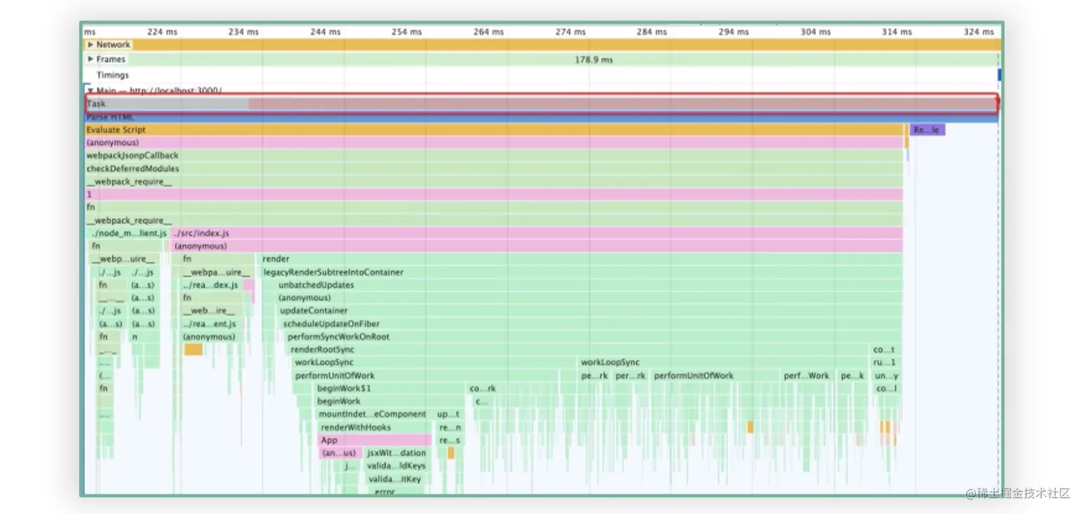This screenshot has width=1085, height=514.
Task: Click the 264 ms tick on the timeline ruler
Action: point(488,31)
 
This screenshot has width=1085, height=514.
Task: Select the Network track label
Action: point(113,44)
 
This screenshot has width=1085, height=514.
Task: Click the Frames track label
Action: point(110,59)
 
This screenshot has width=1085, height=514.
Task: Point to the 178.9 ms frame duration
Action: point(593,60)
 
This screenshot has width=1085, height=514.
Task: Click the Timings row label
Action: point(112,75)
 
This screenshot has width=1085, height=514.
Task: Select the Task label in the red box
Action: point(96,103)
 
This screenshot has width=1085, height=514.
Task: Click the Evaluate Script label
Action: point(116,129)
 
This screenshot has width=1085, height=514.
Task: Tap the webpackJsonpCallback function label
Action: point(132,156)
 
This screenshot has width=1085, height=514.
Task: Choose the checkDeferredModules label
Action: point(133,169)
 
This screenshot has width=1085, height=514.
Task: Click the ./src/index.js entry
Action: point(201,233)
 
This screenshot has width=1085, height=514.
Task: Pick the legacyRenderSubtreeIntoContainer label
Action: point(333,272)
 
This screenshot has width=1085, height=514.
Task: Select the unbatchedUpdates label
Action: point(316,285)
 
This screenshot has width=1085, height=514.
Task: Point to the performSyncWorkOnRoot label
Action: point(338,337)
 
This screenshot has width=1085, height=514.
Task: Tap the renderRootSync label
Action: point(322,350)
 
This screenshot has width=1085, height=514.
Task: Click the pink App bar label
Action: point(329,440)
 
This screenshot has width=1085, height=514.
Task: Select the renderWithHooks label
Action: point(355,427)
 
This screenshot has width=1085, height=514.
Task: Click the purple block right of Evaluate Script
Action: point(927,129)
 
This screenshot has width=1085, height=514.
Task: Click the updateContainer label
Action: point(314,311)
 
